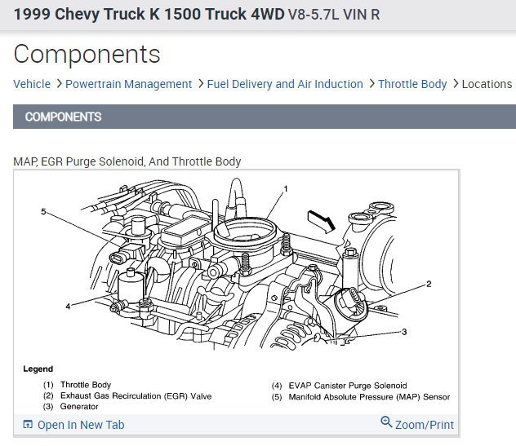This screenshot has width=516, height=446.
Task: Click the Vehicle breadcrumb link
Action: click(x=32, y=84)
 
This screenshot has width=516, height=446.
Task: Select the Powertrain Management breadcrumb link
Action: click(x=128, y=84)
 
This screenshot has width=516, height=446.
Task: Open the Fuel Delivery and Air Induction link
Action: click(x=285, y=84)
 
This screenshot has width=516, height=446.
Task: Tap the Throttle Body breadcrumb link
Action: click(x=412, y=84)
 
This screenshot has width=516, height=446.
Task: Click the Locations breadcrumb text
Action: click(x=487, y=84)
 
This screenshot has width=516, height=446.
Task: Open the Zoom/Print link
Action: click(x=425, y=425)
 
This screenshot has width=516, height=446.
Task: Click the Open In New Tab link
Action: click(x=81, y=425)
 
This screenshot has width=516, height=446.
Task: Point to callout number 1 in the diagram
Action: click(x=286, y=189)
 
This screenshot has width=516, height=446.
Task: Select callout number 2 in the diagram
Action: click(x=429, y=284)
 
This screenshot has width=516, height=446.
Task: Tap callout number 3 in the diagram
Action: click(x=404, y=332)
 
